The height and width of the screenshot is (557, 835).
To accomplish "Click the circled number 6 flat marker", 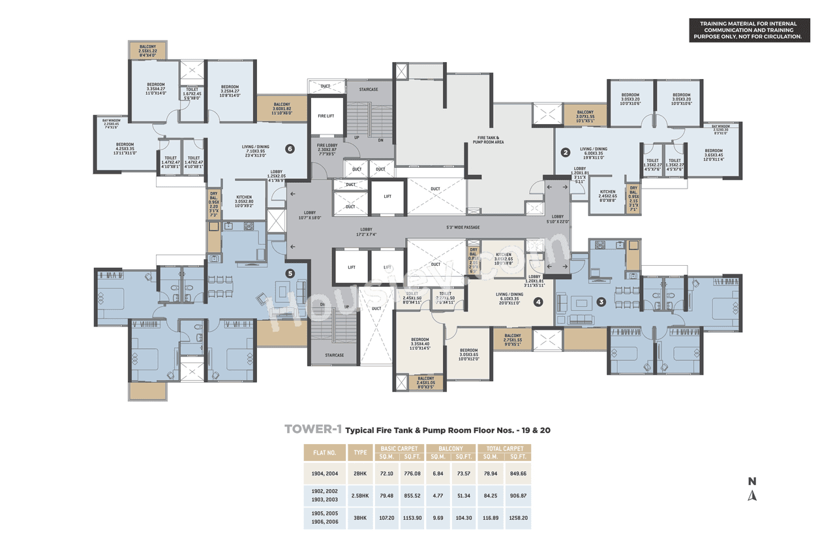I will click(x=290, y=148).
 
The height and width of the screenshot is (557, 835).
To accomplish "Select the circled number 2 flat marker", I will click(x=566, y=153).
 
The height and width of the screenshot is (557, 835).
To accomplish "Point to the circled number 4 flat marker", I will click(x=538, y=302).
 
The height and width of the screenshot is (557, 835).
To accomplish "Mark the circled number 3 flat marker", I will click(x=601, y=302).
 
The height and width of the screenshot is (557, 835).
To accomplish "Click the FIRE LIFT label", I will click(x=326, y=116).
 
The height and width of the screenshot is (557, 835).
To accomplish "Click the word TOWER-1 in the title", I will click(x=313, y=430).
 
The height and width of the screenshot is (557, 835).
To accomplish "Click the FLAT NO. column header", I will click(x=324, y=452).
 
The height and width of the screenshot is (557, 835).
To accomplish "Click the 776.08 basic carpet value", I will click(x=412, y=471).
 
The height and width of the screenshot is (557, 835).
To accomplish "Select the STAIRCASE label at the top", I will click(x=370, y=89).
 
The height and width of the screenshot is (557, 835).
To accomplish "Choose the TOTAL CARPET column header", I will click(x=504, y=449).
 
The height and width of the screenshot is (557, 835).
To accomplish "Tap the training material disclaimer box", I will click(x=750, y=31).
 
